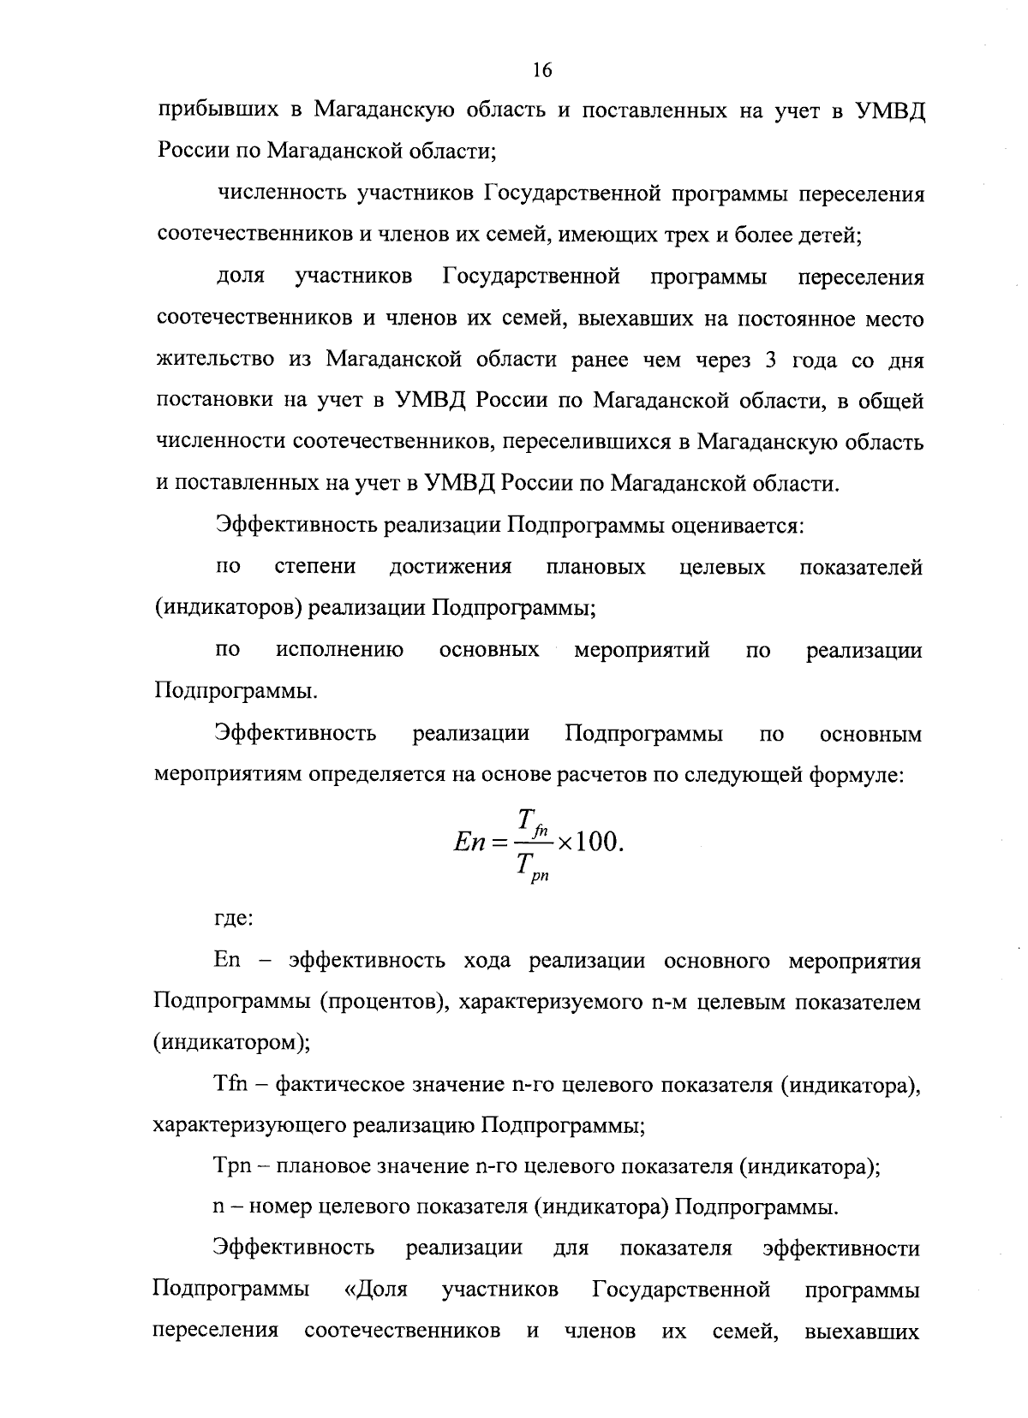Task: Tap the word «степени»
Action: pyautogui.click(x=315, y=567)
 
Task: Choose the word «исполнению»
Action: pyautogui.click(x=340, y=651)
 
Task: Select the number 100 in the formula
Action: pyautogui.click(x=597, y=843)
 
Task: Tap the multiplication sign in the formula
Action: pyautogui.click(x=565, y=843)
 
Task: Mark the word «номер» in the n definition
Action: pyautogui.click(x=279, y=1208)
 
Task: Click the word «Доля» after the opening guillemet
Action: pyautogui.click(x=382, y=1290)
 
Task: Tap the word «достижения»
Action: pyautogui.click(x=451, y=567)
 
